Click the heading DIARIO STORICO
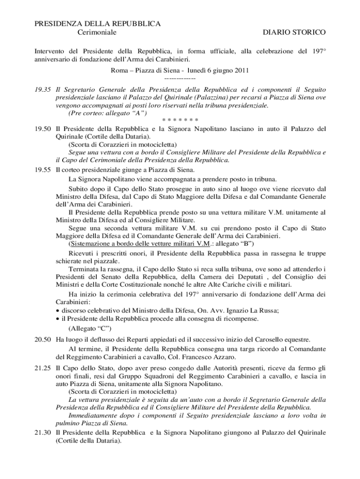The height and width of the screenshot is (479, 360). (x=294, y=32)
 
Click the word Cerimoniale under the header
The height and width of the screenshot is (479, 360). (x=96, y=32)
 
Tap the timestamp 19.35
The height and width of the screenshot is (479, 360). (x=43, y=89)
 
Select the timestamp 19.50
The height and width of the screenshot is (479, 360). (x=43, y=128)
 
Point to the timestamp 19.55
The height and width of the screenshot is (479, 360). (x=43, y=169)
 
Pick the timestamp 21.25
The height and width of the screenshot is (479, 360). (x=43, y=369)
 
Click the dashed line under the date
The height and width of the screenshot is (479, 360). (x=180, y=79)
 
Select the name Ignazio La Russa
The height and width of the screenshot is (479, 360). (x=253, y=311)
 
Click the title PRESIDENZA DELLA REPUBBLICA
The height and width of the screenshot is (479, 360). (x=98, y=23)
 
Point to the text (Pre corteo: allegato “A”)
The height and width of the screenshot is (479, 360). (x=108, y=113)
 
